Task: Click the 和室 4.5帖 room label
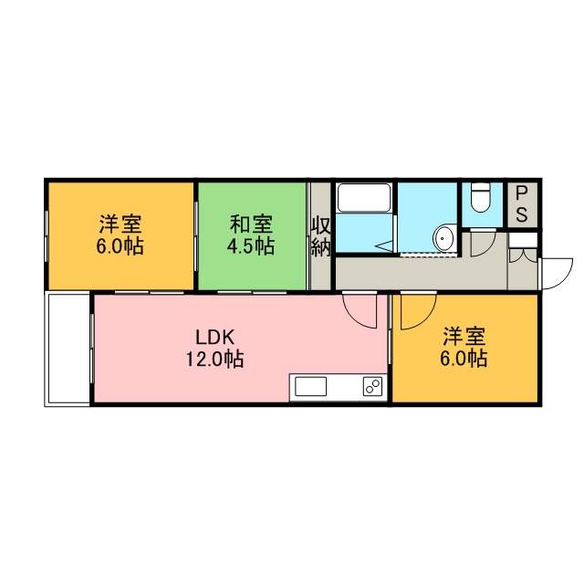click(x=251, y=235)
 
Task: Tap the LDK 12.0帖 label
click(x=215, y=349)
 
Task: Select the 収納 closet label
click(x=320, y=236)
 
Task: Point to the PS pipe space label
click(x=521, y=204)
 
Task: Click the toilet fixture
click(x=481, y=197)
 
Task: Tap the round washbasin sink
click(x=443, y=237)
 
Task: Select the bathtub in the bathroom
click(x=363, y=198)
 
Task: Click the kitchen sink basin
click(x=310, y=387)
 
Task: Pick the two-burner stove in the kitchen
click(x=372, y=387)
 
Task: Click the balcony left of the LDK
click(x=68, y=349)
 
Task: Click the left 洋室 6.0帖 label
click(x=120, y=235)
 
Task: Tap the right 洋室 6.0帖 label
click(x=464, y=348)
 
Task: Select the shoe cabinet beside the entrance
click(x=523, y=239)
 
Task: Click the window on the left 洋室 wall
click(x=47, y=236)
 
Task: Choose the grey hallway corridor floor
click(x=421, y=273)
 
